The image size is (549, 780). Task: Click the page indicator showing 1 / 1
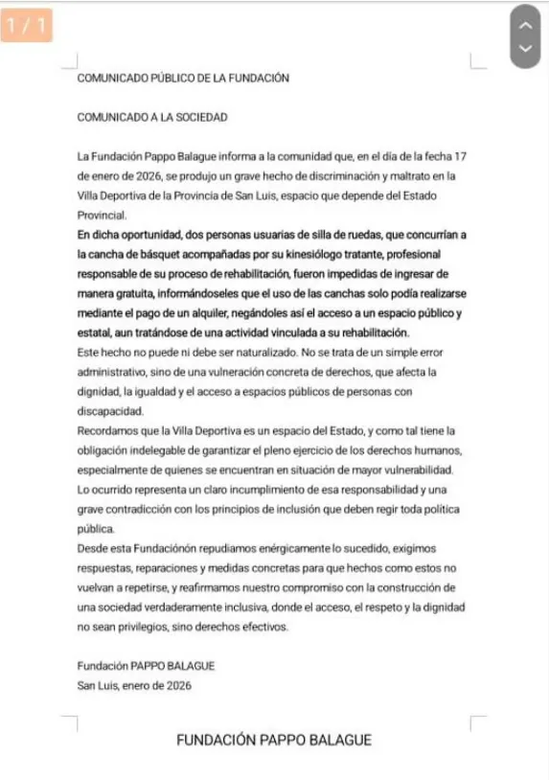point(27,27)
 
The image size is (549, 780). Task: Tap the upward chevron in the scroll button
point(525,25)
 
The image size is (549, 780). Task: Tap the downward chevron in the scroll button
point(525,48)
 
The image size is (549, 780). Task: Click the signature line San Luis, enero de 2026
point(134,685)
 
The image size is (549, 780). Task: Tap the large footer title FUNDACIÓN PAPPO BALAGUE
point(274,740)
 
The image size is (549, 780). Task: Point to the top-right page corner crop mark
point(477,63)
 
